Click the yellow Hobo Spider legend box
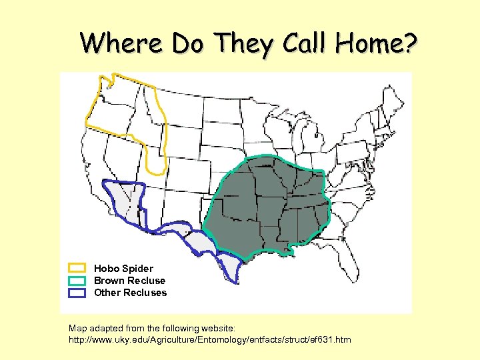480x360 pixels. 77,269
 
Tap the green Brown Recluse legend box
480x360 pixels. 77,281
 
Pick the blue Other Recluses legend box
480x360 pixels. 77,293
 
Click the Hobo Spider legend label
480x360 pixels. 123,269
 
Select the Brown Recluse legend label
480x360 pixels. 129,281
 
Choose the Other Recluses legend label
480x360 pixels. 131,293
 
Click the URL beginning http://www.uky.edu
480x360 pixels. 210,340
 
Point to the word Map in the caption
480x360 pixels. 78,328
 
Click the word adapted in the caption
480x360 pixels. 107,328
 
